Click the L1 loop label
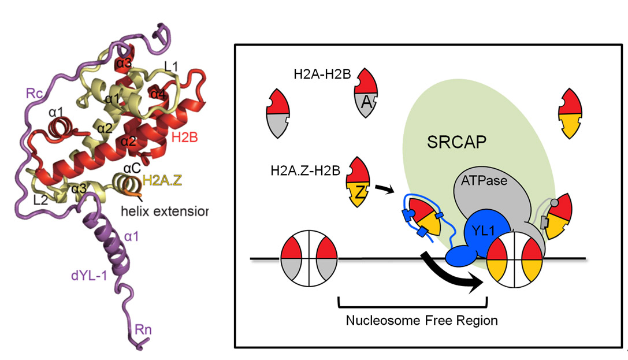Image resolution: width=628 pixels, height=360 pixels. pos(170,68)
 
